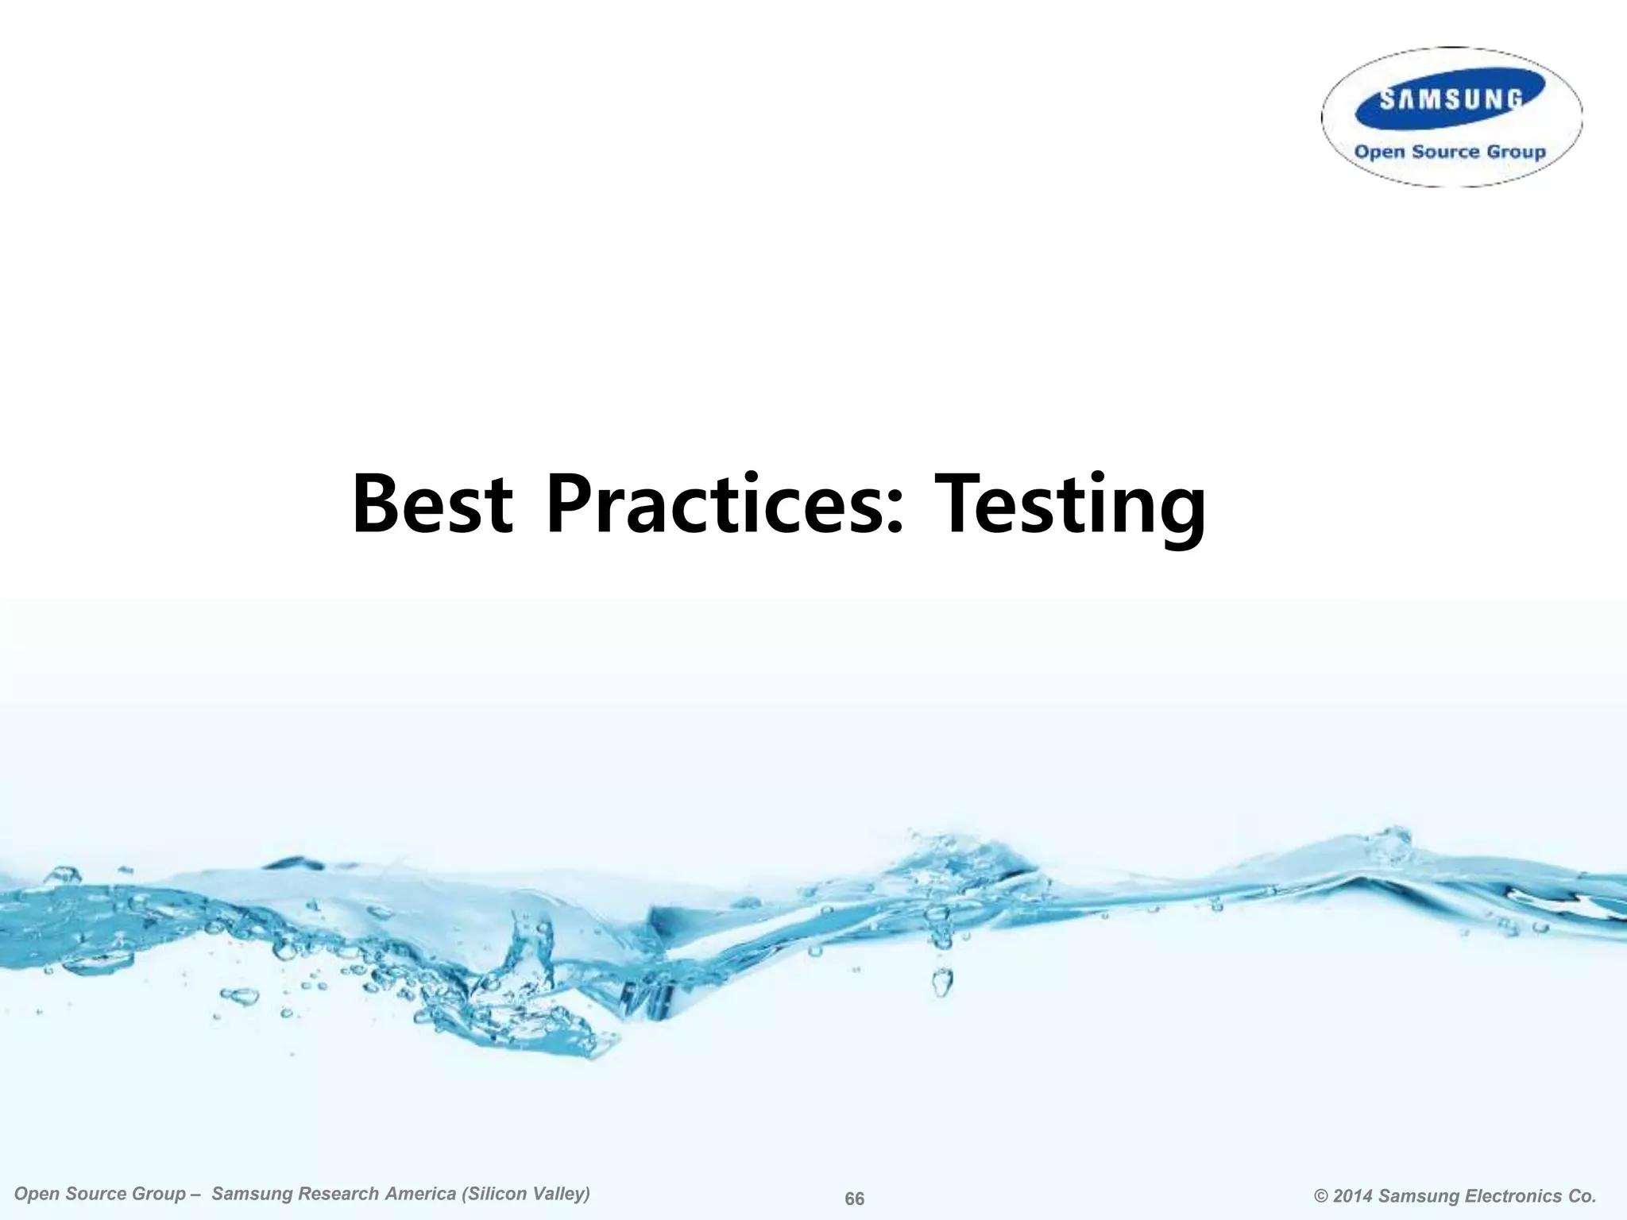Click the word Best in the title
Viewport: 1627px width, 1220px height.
tap(432, 504)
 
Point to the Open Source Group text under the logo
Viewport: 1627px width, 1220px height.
tap(1450, 152)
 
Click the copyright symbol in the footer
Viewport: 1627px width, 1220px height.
tap(1321, 1196)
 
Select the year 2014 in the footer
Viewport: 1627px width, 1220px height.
tap(1354, 1196)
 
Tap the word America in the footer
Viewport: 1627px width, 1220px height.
tap(419, 1194)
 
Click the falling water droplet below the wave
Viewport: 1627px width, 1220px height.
tap(942, 982)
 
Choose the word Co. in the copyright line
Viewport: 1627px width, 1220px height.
tap(1581, 1196)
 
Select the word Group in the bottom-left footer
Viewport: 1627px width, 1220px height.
tap(162, 1195)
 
